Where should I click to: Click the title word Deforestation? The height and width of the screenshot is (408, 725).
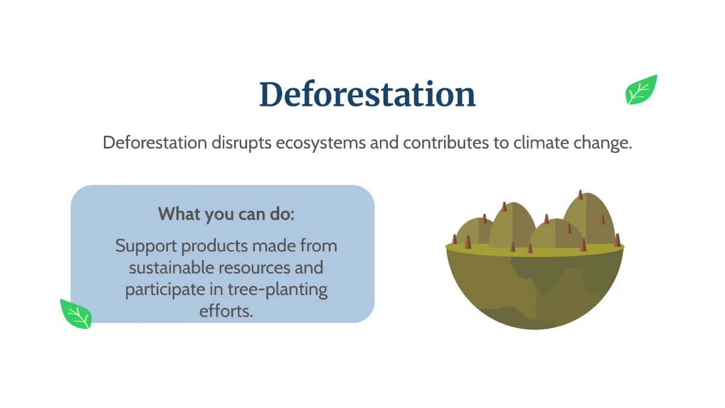pos(367,95)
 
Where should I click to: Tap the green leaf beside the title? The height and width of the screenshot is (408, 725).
pos(641,90)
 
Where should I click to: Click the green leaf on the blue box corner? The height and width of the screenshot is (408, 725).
pos(76,314)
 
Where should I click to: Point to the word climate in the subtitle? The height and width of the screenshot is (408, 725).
pos(542,143)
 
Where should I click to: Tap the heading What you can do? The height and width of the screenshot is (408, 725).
pos(226,214)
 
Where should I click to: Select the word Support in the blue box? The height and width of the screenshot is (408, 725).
pos(146,247)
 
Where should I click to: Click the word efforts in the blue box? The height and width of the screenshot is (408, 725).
pos(226,310)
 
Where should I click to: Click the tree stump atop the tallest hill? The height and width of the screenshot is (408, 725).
pos(580,195)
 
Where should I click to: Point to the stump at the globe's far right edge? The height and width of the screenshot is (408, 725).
pos(617,240)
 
